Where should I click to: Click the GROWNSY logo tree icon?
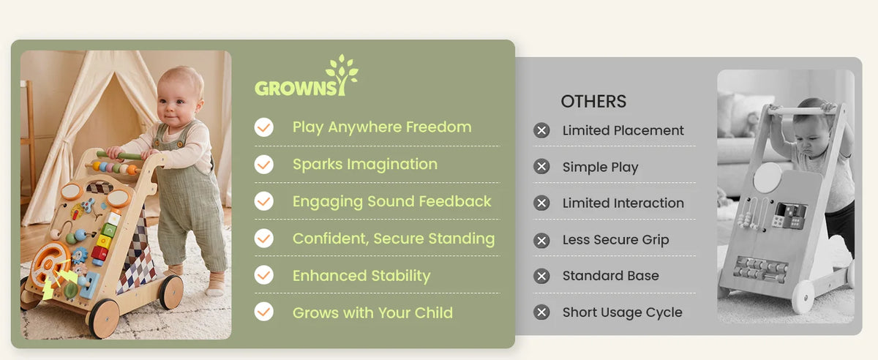[342, 75]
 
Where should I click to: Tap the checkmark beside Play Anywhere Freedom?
[264, 127]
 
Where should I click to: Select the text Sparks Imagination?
[365, 165]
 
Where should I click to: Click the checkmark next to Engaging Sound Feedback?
[264, 201]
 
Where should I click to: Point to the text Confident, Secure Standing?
[394, 239]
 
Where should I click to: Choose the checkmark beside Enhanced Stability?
[264, 275]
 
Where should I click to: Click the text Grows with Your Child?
[372, 312]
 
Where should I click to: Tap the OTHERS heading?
[593, 102]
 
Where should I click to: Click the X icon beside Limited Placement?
[541, 130]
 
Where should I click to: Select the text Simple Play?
[600, 167]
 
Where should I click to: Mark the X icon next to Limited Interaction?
[541, 203]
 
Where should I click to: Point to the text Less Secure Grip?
[615, 239]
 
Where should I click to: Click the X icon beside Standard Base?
[541, 276]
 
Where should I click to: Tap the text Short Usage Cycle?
[623, 312]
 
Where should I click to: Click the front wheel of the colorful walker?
[104, 318]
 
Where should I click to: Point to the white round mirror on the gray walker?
[767, 177]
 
